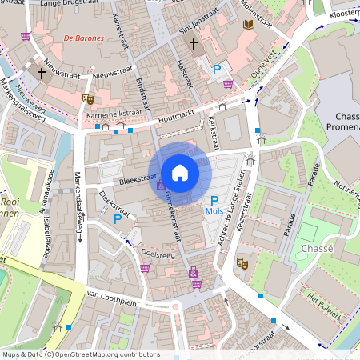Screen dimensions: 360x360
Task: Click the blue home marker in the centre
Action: (180, 172)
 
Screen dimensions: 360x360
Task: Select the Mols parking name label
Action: (214, 211)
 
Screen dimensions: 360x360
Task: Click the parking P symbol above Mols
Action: (214, 200)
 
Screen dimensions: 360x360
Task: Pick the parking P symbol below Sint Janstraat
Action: (216, 70)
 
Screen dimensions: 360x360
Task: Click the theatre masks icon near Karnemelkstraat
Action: (88, 99)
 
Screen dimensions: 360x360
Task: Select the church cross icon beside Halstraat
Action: (193, 44)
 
